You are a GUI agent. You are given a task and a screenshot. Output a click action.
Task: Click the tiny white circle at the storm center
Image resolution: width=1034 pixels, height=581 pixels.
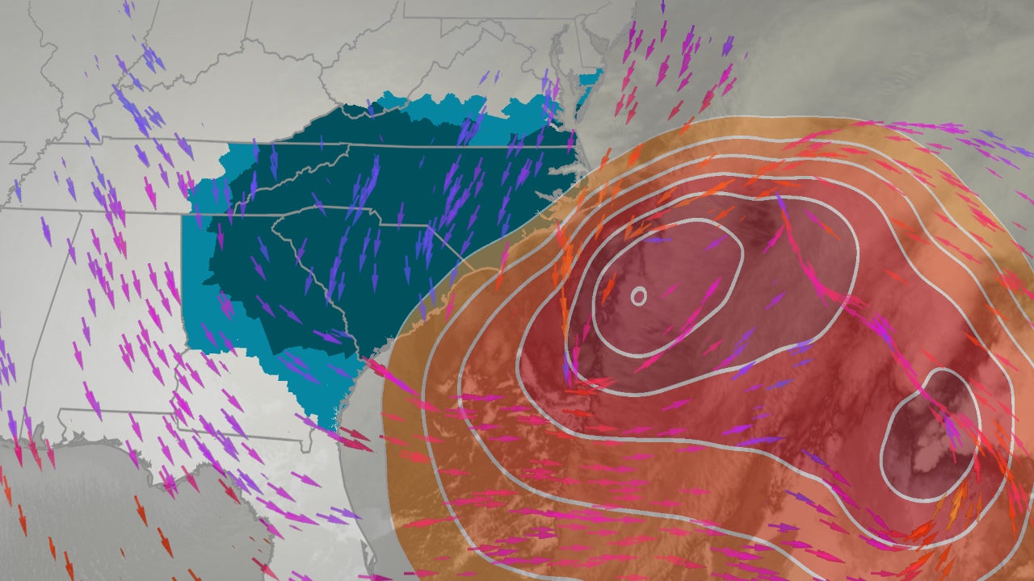point(638,296)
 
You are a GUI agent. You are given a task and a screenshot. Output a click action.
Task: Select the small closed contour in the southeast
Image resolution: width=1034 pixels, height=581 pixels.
point(930,436)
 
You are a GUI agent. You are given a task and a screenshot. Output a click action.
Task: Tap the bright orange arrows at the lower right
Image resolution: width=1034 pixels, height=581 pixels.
point(953,508)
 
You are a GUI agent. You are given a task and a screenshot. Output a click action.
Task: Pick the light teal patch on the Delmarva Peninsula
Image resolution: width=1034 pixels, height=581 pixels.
point(592,79)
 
